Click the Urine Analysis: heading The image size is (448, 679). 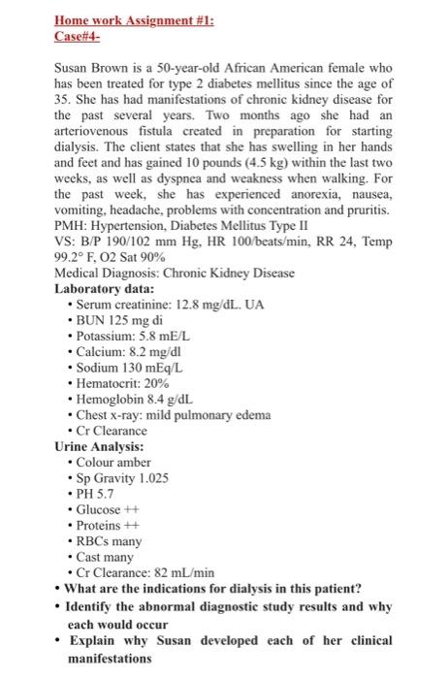tap(101, 446)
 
